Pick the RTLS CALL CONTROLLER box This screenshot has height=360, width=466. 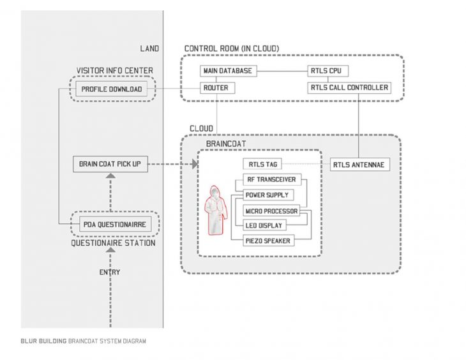349,88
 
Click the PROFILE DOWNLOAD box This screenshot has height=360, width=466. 111,89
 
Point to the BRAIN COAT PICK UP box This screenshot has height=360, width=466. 110,165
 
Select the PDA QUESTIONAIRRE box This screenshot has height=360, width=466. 114,225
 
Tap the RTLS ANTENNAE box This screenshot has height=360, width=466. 359,165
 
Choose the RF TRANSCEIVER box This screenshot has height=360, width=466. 271,180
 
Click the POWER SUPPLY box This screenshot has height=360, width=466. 267,195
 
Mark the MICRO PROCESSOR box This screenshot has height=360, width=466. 271,211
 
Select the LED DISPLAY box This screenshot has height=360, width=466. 264,225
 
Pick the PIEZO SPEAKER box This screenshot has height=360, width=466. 269,241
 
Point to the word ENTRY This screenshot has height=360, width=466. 109,273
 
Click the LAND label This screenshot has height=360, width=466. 149,49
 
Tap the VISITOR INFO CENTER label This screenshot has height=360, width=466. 114,71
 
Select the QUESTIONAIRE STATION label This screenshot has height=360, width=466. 113,243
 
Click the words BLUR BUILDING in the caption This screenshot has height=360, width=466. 43,341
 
